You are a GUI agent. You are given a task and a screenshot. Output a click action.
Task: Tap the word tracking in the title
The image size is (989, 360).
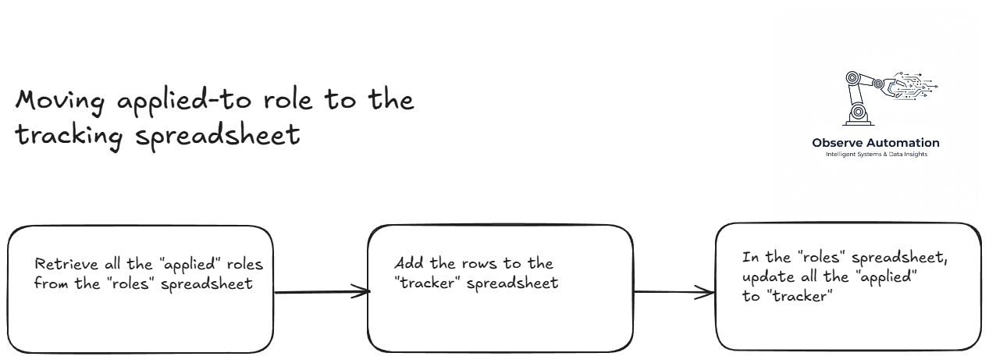69,136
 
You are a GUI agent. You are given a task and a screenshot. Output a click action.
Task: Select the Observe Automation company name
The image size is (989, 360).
876,143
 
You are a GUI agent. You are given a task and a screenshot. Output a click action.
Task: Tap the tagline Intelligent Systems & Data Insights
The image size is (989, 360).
876,154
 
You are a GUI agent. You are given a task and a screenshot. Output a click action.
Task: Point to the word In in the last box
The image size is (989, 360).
749,258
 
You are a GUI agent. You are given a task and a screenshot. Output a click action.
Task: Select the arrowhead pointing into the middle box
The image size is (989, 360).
361,292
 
